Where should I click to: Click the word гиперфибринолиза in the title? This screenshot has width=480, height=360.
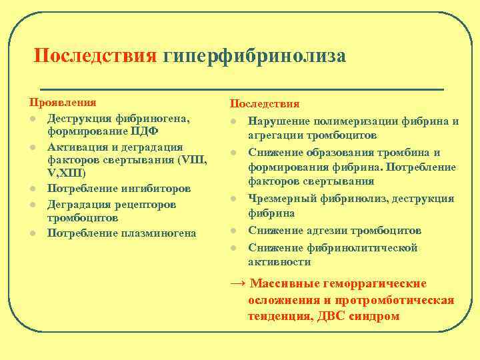[254, 55]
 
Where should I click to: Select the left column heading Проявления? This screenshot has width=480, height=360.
[62, 103]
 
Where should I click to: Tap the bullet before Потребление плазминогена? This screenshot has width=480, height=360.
[31, 233]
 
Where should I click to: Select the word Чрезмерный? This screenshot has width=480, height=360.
[279, 198]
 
